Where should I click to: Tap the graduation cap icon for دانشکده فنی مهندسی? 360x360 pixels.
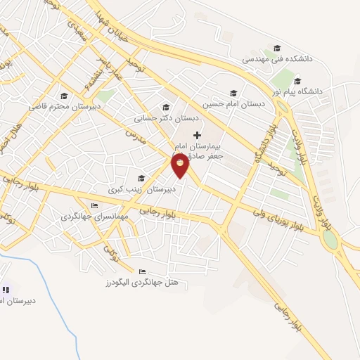(278, 48)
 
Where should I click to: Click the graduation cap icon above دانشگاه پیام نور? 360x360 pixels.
(297, 80)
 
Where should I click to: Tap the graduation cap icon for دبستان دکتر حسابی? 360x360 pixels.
(166, 108)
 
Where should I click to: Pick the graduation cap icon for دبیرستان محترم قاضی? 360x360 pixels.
(64, 96)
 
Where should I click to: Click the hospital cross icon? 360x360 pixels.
(197, 134)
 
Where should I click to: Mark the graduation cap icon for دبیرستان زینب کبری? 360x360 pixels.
(141, 178)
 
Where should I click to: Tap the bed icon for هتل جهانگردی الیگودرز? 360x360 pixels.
(143, 271)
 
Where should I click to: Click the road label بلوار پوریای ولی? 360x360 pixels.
(279, 215)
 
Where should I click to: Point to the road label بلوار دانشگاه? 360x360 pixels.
(259, 145)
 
